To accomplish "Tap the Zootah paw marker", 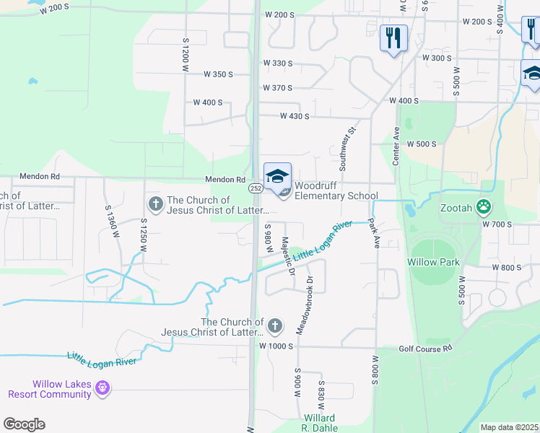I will click(x=484, y=208).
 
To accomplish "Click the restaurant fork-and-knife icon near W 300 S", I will click(x=393, y=38).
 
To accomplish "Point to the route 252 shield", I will click(x=256, y=188).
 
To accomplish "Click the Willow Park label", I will click(x=433, y=262).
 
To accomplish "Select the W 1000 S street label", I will click(x=275, y=346).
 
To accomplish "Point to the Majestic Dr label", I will click(x=287, y=256).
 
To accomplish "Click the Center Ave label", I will click(x=396, y=146).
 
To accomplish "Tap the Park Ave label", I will click(x=374, y=234).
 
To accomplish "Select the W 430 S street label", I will click(x=295, y=116).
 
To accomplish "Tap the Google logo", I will click(x=24, y=424).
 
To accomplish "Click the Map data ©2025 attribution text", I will click(x=508, y=427).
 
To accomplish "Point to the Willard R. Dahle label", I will click(x=318, y=423).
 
